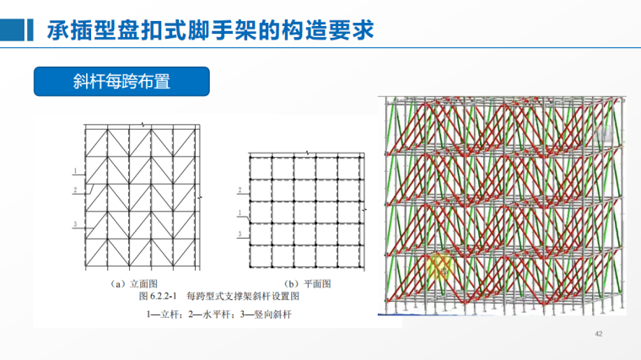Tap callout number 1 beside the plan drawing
(240, 212)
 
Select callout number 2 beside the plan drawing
(240, 190)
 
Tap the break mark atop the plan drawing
(308, 153)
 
